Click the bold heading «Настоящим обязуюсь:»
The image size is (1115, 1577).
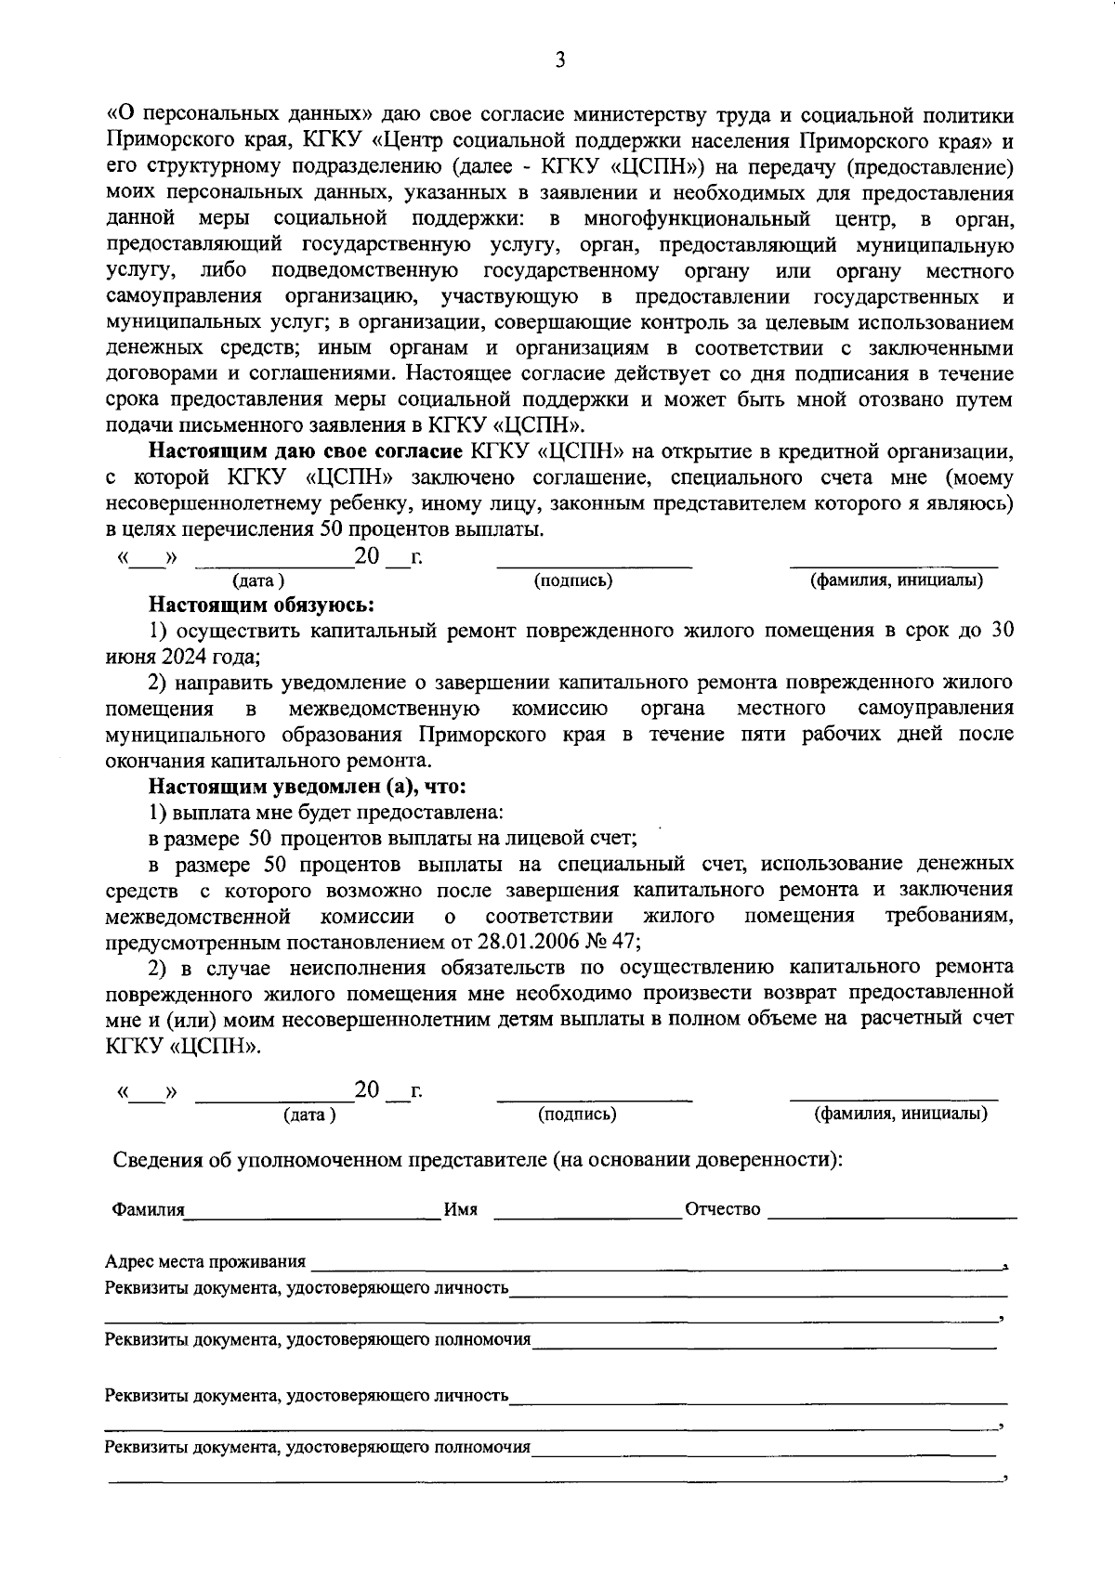(262, 606)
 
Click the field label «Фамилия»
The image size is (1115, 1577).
(148, 1210)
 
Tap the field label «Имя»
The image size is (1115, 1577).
(461, 1210)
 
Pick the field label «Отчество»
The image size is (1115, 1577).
(722, 1210)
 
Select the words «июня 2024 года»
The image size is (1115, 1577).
(180, 657)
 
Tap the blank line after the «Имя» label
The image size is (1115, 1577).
(587, 1214)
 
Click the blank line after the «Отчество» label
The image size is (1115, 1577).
(892, 1214)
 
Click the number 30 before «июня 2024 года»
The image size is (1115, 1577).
(1002, 630)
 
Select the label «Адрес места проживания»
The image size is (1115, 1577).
(205, 1262)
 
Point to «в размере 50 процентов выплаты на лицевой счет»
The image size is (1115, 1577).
(392, 839)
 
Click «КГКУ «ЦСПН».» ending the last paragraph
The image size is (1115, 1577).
(183, 1045)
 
